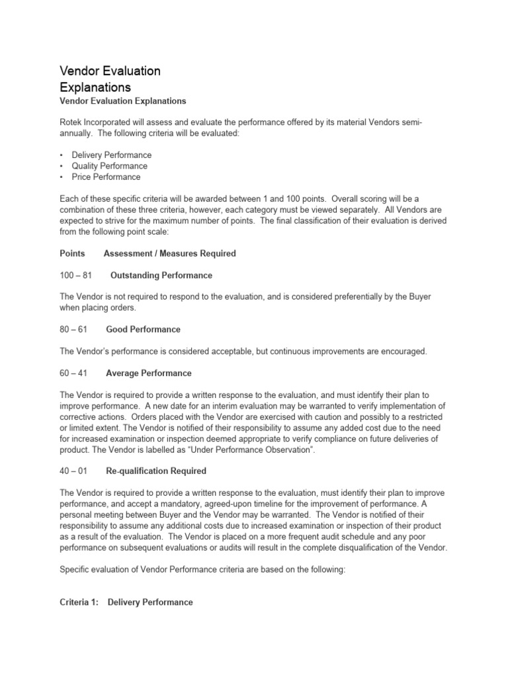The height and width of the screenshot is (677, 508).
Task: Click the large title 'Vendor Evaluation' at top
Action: coord(110,71)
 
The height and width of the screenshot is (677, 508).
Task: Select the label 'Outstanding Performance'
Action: coord(161,275)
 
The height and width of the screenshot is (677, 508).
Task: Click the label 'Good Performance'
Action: coord(143,329)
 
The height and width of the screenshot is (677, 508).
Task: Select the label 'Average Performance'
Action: coord(149,374)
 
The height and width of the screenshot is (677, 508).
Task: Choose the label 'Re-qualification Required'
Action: coord(156,471)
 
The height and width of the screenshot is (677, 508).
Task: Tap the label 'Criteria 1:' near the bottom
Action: coord(81,602)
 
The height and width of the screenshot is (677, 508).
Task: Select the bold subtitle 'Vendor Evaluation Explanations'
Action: coord(123,101)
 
